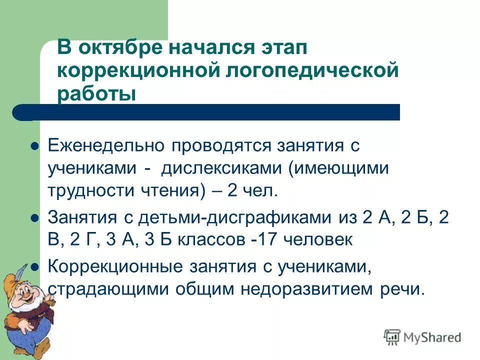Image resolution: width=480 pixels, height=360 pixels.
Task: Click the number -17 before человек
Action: [264, 240]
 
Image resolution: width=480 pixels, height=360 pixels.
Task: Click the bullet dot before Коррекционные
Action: [35, 267]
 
